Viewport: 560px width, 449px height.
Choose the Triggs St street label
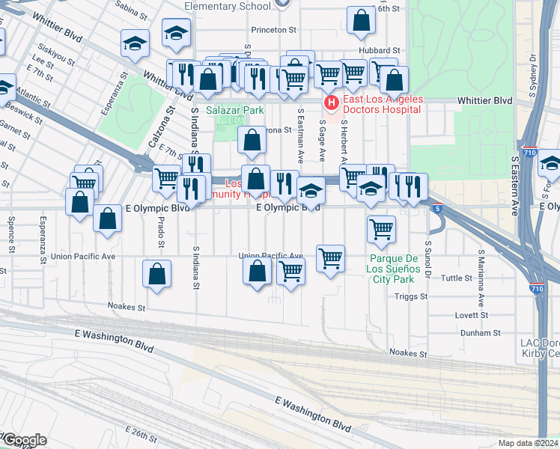pyautogui.click(x=411, y=296)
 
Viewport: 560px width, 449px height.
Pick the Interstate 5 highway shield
pyautogui.click(x=436, y=210)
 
